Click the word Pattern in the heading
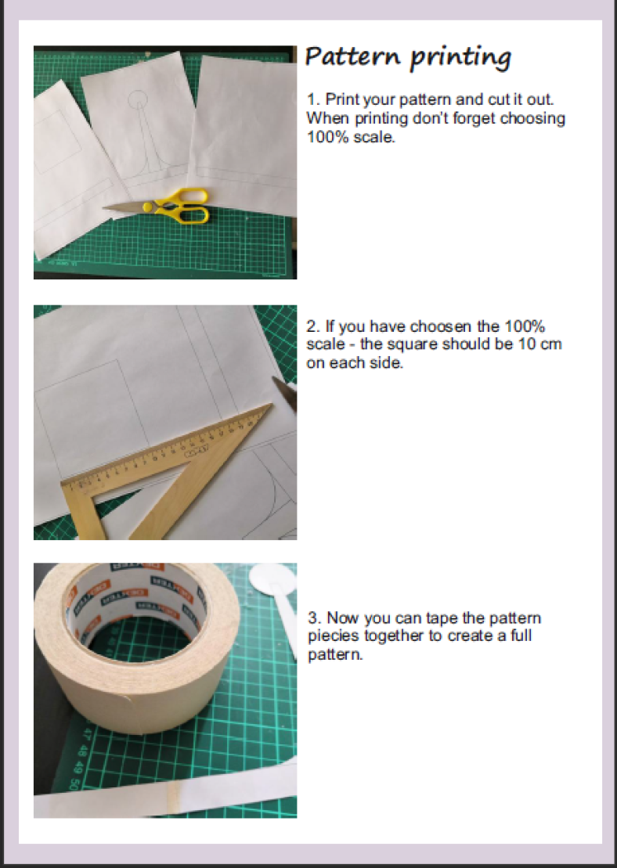point(352,56)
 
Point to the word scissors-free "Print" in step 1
point(342,99)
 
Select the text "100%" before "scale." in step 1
point(328,136)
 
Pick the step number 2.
point(313,326)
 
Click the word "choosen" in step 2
point(440,326)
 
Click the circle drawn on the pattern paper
point(137,99)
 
